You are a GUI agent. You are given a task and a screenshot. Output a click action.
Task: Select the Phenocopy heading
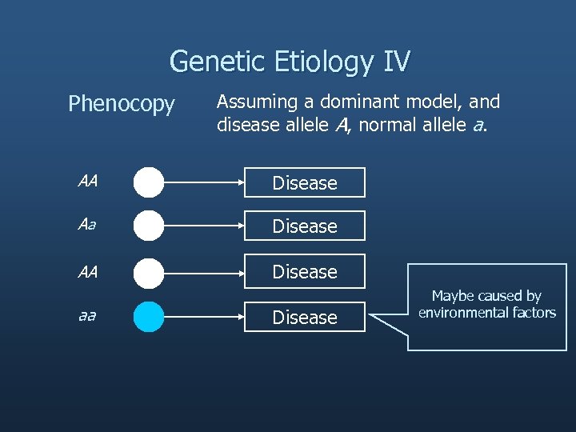(121, 105)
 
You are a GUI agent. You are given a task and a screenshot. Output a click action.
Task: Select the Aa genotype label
(87, 226)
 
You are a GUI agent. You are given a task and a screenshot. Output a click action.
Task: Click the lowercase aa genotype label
(87, 316)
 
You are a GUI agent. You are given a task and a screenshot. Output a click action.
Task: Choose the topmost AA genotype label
(87, 181)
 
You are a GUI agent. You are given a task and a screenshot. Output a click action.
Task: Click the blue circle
(149, 317)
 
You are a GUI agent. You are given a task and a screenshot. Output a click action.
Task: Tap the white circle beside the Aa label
(149, 226)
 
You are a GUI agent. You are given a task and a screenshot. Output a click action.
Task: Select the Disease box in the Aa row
(305, 226)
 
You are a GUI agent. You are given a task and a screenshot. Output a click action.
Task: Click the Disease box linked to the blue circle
(305, 318)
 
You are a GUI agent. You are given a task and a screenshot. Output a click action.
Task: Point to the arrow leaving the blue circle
(204, 317)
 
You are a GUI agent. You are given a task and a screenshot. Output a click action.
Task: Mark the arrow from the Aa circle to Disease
(204, 226)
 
